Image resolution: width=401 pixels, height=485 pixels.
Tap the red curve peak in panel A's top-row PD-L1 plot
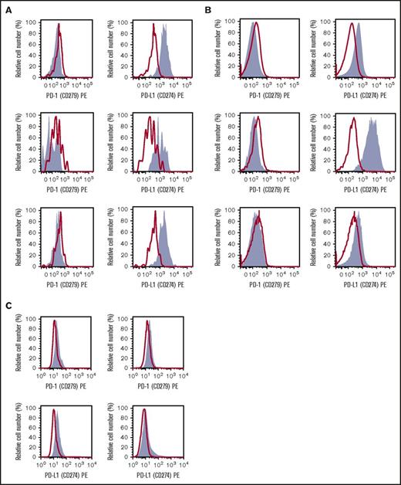(x=153, y=24)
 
